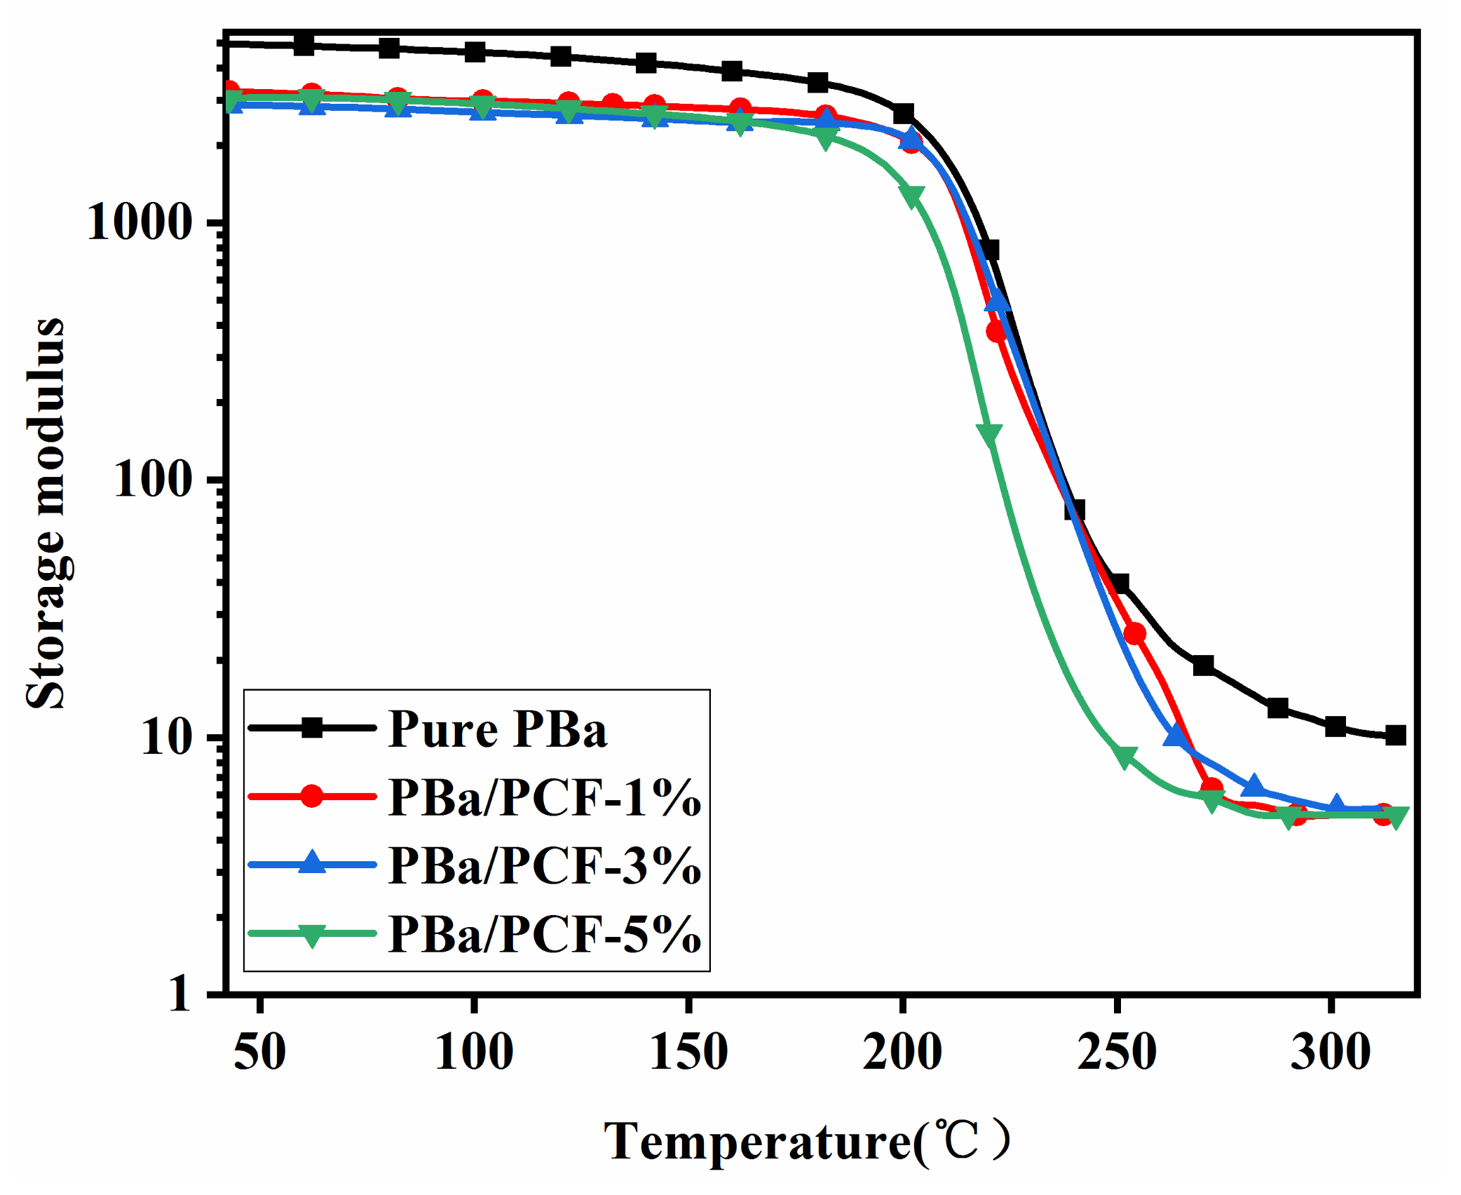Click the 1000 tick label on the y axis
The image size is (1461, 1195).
pyautogui.click(x=139, y=223)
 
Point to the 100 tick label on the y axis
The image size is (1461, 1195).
pyautogui.click(x=152, y=480)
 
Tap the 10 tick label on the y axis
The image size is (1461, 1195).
pyautogui.click(x=166, y=737)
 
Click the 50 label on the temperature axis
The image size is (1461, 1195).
pyautogui.click(x=259, y=1052)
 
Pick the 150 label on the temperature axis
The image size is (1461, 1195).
pyautogui.click(x=688, y=1052)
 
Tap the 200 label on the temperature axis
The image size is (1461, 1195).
pyautogui.click(x=902, y=1052)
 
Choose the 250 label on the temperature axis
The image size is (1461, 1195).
pyautogui.click(x=1117, y=1052)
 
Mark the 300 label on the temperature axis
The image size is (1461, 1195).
pyautogui.click(x=1331, y=1052)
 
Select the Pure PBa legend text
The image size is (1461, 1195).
pyautogui.click(x=497, y=729)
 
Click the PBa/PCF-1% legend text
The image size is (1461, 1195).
pyautogui.click(x=544, y=798)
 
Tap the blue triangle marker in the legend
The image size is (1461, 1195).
pyautogui.click(x=312, y=863)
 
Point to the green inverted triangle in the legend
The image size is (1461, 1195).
pyautogui.click(x=312, y=935)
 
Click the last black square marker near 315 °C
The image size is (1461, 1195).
pyautogui.click(x=1396, y=736)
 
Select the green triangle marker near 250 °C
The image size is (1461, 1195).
pyautogui.click(x=1124, y=757)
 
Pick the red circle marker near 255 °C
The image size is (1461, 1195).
pyautogui.click(x=1134, y=634)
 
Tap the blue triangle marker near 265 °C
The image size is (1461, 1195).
pyautogui.click(x=1176, y=736)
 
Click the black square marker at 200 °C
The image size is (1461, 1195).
pyautogui.click(x=904, y=114)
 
